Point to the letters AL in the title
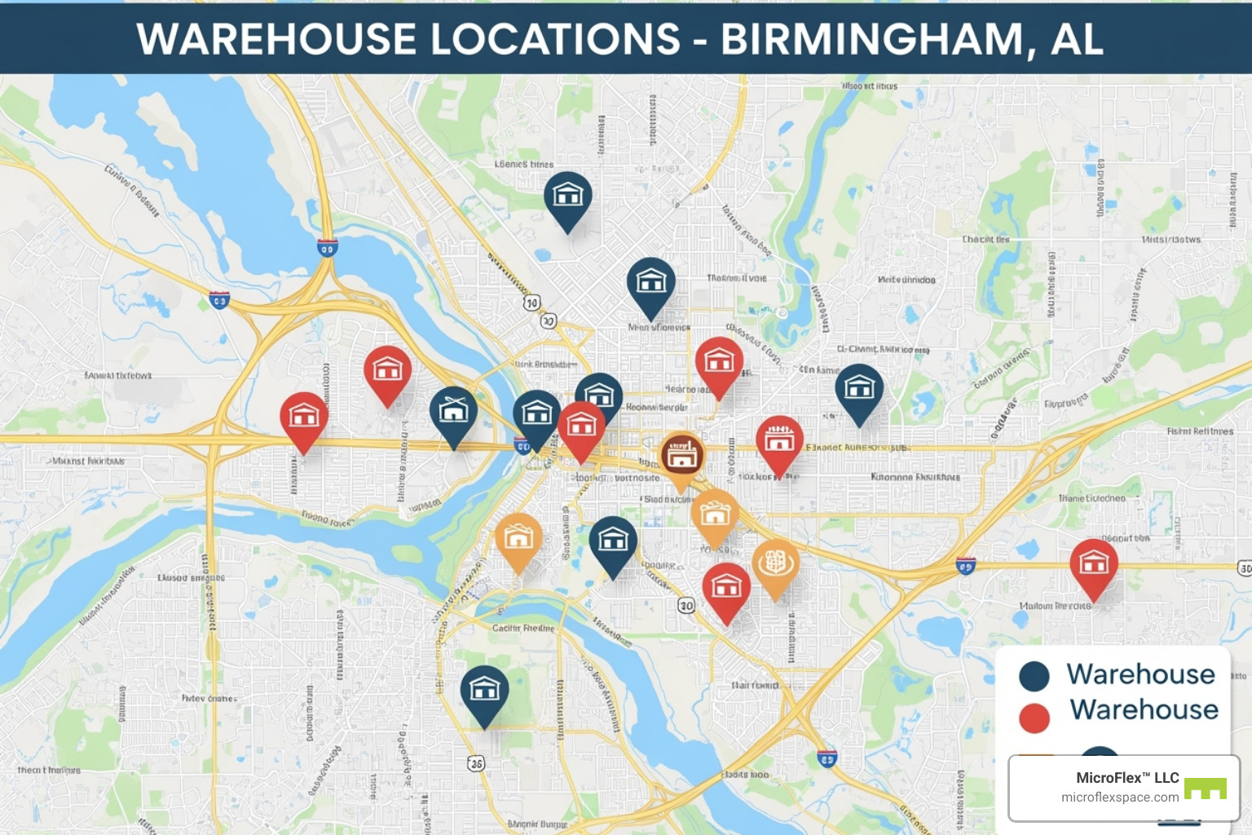click(1077, 38)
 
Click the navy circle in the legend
click(1034, 676)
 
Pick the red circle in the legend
click(1034, 718)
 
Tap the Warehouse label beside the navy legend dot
click(1140, 674)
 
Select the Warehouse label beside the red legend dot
click(1144, 710)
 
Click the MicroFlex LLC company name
click(1127, 778)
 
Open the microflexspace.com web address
click(1119, 797)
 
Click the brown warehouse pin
click(681, 455)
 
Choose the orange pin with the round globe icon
click(775, 563)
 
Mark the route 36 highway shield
click(476, 763)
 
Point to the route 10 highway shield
click(531, 303)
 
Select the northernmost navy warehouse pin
click(567, 196)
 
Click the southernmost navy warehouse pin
click(484, 691)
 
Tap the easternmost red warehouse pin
click(1093, 563)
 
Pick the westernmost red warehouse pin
click(303, 417)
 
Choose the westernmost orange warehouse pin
click(518, 537)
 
